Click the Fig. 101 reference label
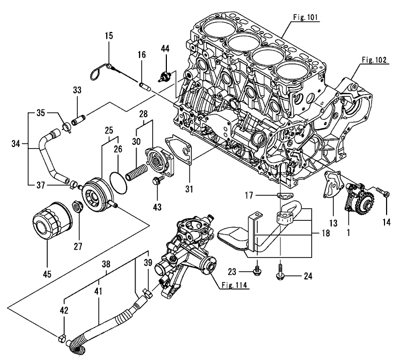tap(307, 17)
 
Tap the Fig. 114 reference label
tap(233, 286)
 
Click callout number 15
tap(109, 36)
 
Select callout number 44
tap(165, 49)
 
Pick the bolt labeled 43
tap(156, 182)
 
